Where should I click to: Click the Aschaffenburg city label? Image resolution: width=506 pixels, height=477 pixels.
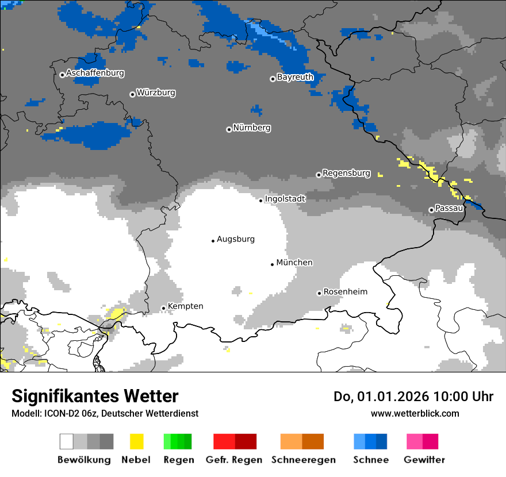(95, 74)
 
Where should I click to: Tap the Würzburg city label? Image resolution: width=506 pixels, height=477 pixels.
(156, 93)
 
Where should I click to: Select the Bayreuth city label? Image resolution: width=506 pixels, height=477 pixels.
(295, 77)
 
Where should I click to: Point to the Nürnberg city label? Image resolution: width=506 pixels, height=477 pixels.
(252, 128)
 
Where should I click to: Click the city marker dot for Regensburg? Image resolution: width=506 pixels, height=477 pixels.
(319, 175)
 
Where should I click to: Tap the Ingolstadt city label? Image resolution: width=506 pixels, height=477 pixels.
(285, 199)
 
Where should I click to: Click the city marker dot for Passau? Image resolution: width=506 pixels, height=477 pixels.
(431, 210)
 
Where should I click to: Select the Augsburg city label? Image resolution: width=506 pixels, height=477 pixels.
(235, 239)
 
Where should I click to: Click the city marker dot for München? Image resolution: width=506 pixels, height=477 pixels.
(273, 264)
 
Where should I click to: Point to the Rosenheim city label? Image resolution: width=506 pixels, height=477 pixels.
(345, 292)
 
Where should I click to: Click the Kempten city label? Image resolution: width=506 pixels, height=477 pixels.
(185, 306)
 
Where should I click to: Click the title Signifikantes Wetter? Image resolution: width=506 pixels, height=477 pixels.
(95, 397)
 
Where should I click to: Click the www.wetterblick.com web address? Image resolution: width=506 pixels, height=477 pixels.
(415, 414)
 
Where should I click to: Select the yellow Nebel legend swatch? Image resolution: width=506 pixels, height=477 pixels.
(136, 441)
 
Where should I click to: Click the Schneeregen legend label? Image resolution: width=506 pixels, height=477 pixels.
(303, 460)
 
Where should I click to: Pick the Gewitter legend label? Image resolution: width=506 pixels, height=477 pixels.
(424, 460)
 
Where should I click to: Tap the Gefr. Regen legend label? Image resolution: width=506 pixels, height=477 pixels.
(234, 460)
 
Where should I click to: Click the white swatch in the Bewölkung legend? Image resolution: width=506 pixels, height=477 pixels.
(67, 441)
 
